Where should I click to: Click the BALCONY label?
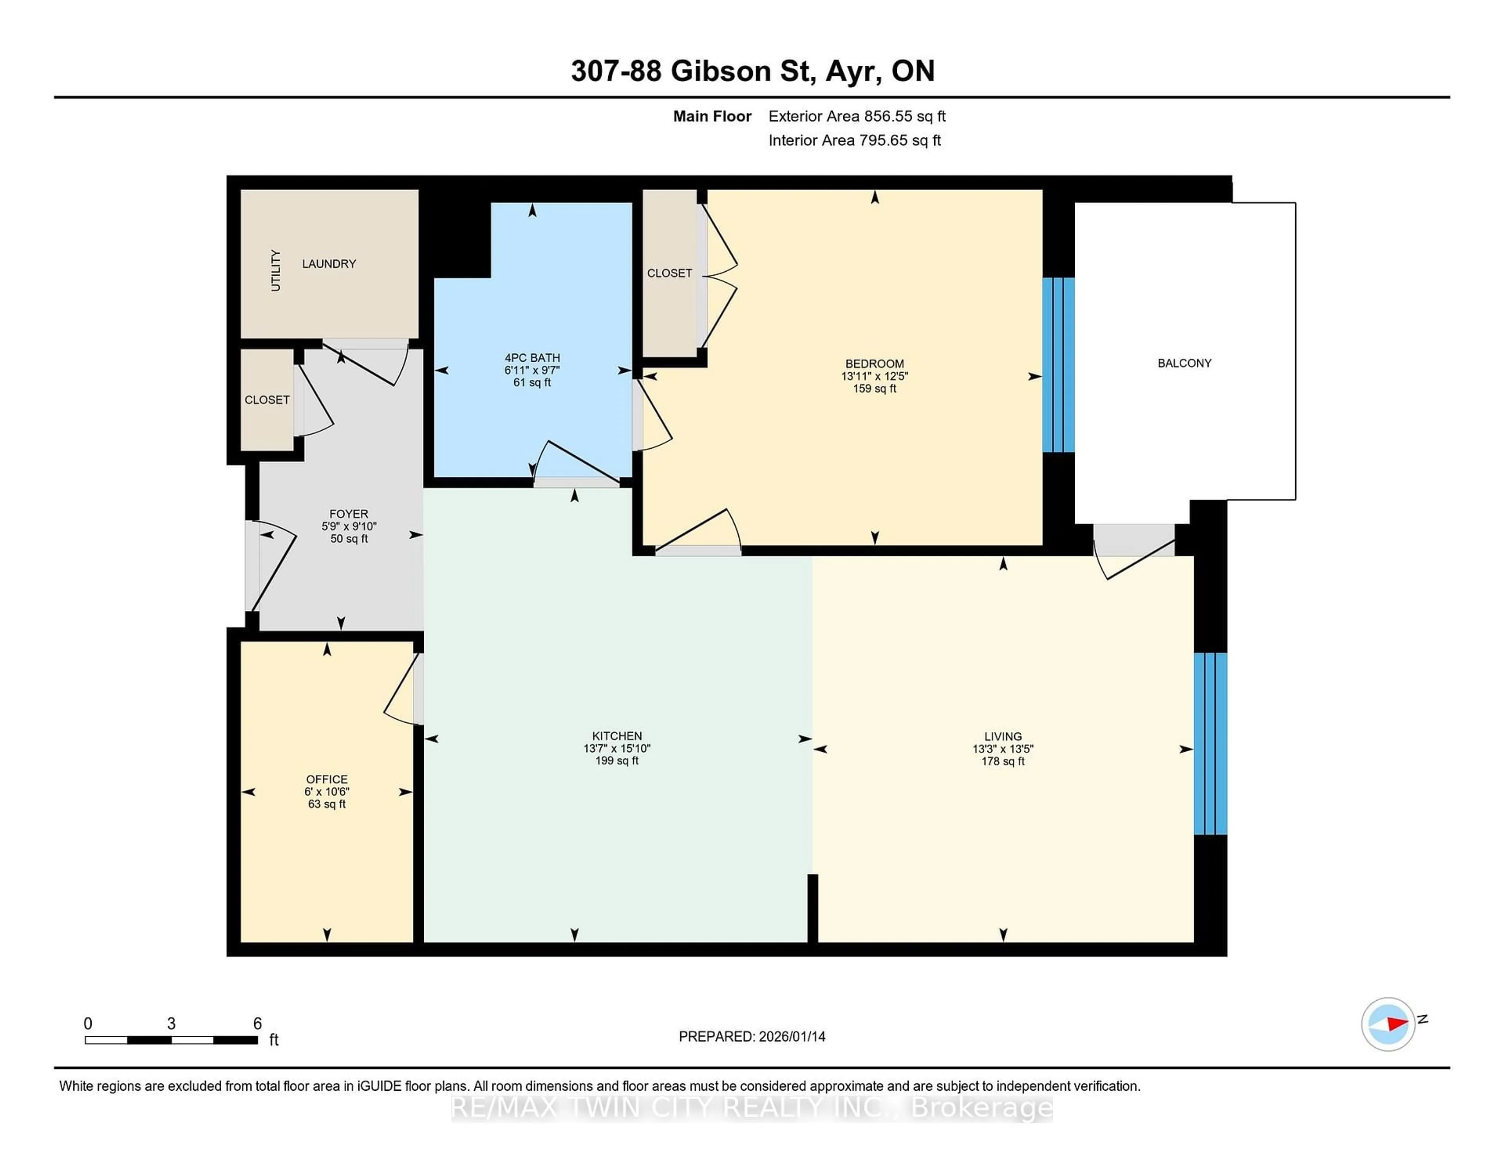click(x=1184, y=363)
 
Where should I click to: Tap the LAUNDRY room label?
click(x=329, y=263)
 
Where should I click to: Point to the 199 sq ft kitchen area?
click(x=616, y=761)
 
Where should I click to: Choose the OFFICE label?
click(x=326, y=779)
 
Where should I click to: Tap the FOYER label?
click(x=349, y=514)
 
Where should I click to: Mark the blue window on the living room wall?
click(x=1210, y=743)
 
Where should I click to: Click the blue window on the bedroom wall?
click(x=1058, y=365)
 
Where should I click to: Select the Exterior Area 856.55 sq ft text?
click(x=857, y=116)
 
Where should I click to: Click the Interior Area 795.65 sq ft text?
click(x=854, y=141)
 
